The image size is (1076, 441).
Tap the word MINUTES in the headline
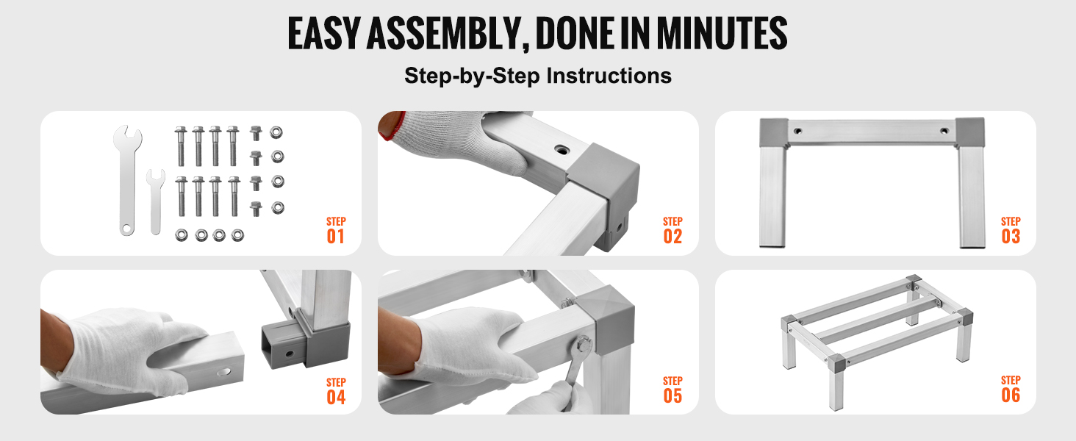722,33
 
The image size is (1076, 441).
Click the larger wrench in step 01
127,179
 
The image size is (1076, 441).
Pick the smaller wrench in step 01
155,202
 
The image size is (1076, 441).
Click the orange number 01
336,237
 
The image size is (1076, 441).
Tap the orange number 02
672,237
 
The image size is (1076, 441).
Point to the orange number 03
1011,237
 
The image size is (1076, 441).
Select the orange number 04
336,398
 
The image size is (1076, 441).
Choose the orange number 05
672,396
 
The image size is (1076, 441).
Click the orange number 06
1011,395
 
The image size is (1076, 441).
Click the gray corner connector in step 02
606,192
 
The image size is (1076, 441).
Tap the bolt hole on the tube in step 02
561,149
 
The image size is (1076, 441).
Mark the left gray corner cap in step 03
774,132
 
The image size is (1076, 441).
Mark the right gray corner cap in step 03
970,132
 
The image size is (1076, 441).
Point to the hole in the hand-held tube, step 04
224,372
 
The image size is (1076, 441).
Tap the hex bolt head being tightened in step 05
583,344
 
